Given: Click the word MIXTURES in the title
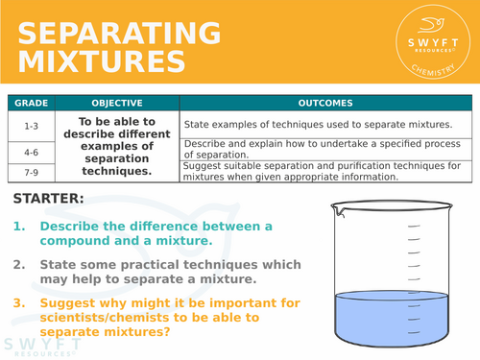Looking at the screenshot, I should pyautogui.click(x=102, y=61).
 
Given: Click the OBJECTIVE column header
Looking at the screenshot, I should pyautogui.click(x=117, y=103).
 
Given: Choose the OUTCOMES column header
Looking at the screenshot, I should pyautogui.click(x=324, y=103).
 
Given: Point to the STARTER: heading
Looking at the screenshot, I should pyautogui.click(x=49, y=199).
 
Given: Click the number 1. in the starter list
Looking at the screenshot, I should pyautogui.click(x=20, y=227).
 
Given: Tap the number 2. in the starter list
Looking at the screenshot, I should pyautogui.click(x=20, y=263).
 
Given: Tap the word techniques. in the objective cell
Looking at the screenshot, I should pyautogui.click(x=117, y=171).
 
